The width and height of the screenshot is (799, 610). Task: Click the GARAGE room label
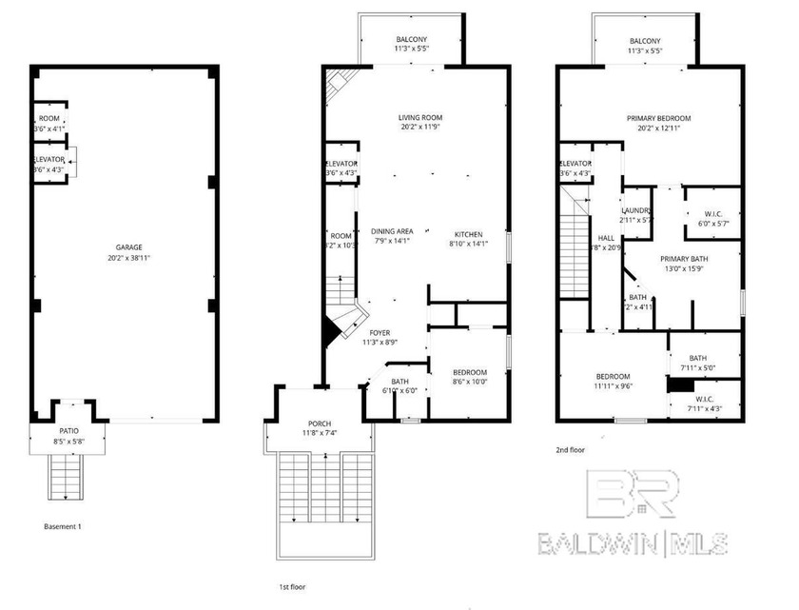tap(122, 246)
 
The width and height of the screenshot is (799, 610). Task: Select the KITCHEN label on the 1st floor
tap(467, 234)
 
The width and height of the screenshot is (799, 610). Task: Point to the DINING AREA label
tap(391, 231)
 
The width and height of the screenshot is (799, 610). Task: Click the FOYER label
tap(380, 334)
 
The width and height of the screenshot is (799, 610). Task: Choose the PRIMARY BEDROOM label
tap(658, 118)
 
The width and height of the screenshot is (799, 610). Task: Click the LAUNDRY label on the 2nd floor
tap(635, 210)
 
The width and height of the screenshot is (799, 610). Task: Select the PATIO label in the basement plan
tap(68, 431)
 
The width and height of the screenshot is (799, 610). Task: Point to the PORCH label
tap(320, 423)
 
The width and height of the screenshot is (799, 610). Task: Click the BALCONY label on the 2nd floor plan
tap(644, 39)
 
